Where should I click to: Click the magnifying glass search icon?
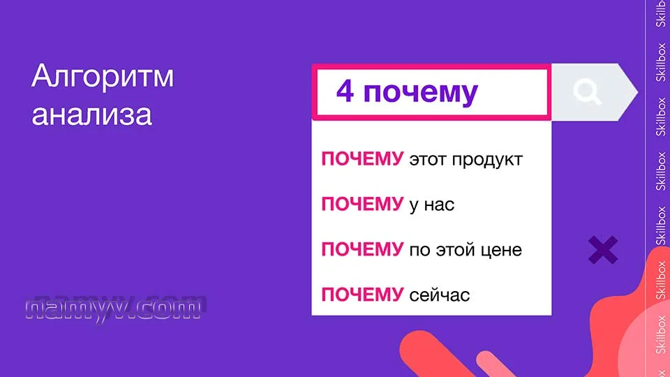pos(587,91)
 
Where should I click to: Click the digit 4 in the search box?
pos(344,91)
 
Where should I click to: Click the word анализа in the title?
pos(91,114)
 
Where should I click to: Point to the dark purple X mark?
pos(603,250)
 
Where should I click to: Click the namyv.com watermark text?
pos(116,307)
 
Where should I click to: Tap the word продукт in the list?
pos(487,160)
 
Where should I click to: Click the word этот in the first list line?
pos(428,160)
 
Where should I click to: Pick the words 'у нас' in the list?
pos(431,205)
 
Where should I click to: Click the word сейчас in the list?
pos(440,295)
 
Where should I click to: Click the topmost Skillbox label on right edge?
pos(661,14)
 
